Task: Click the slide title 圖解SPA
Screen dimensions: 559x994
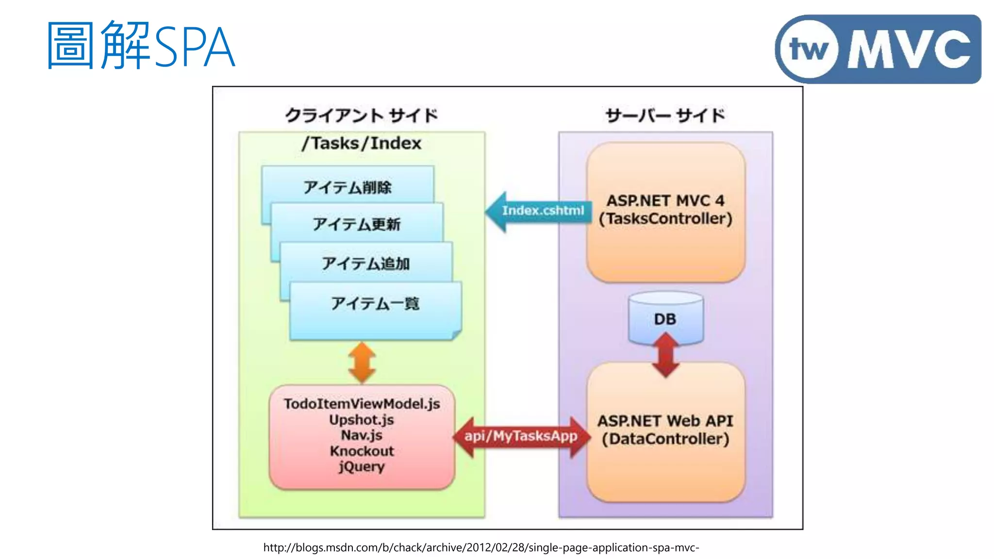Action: point(141,46)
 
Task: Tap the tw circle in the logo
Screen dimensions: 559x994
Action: point(809,49)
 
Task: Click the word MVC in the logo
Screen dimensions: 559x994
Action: point(909,49)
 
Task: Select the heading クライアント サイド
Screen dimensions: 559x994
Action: point(361,115)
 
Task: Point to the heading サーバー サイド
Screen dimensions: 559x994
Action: point(665,115)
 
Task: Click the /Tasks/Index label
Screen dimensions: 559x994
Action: point(361,143)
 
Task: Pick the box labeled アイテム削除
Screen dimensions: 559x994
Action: point(348,187)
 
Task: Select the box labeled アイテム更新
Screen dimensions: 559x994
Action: point(357,224)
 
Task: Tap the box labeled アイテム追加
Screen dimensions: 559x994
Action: point(366,263)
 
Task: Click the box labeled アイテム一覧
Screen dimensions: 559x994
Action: point(375,311)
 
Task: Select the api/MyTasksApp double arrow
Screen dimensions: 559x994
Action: point(521,436)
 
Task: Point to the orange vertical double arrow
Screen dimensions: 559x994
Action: point(362,362)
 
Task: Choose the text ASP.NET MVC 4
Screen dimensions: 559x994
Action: point(665,200)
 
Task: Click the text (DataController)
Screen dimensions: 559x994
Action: point(665,439)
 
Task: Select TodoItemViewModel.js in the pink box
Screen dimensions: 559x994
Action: point(362,404)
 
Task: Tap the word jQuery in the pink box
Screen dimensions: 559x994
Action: point(362,467)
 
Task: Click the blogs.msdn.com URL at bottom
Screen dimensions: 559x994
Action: point(481,547)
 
